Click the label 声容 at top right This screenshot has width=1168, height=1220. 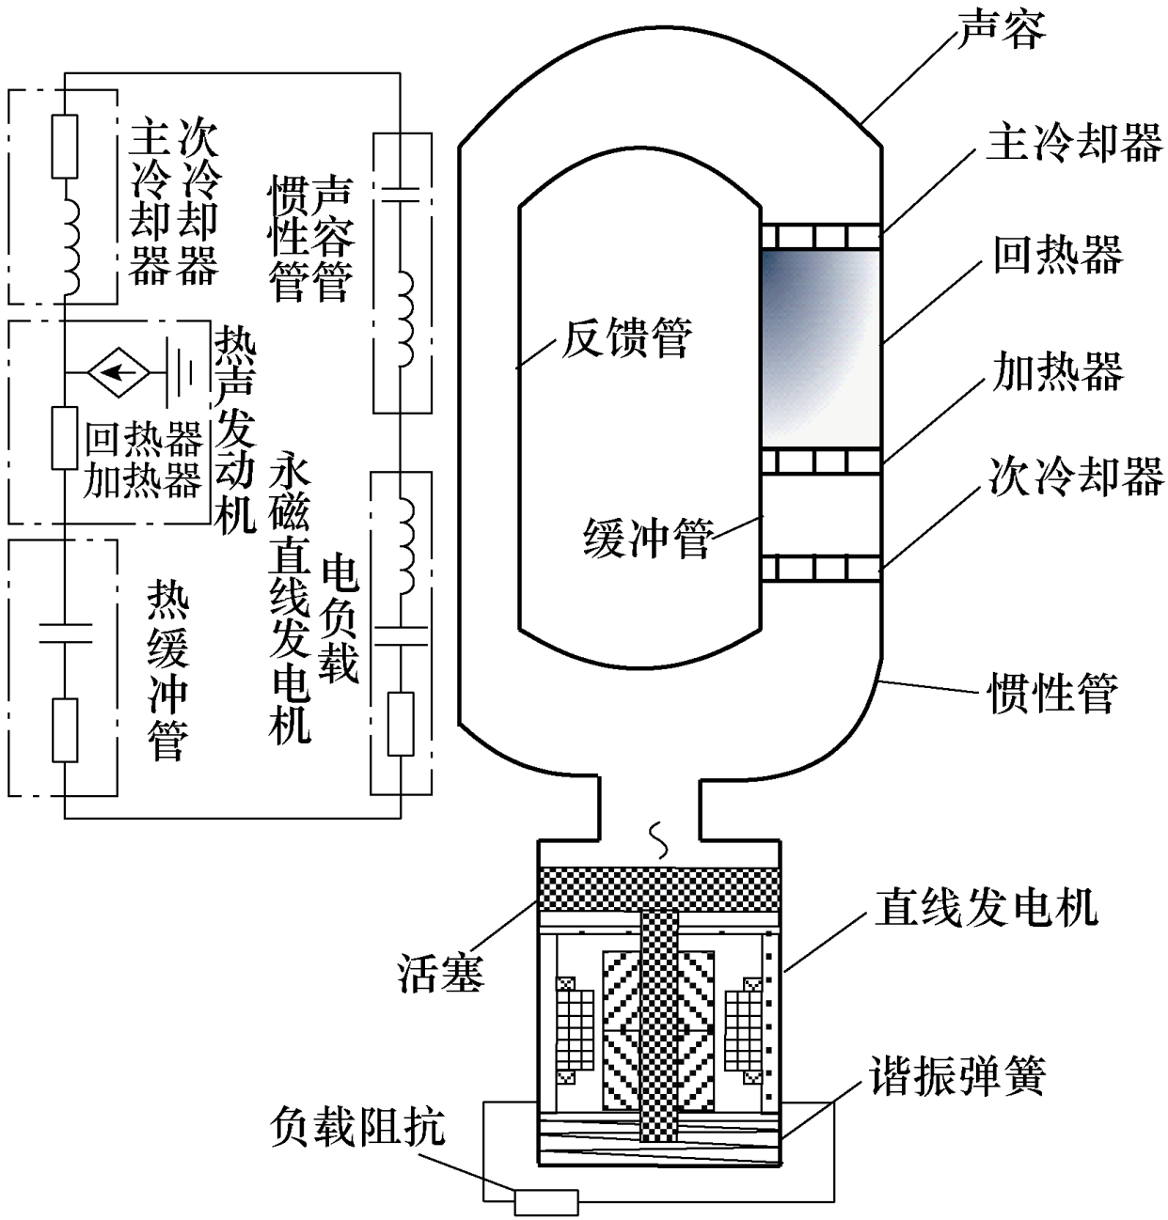(1001, 31)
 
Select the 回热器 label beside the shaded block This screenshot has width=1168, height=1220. (1058, 255)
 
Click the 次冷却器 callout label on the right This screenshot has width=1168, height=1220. (1076, 477)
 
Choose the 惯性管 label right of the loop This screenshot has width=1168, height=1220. (1053, 694)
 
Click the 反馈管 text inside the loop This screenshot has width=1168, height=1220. (626, 337)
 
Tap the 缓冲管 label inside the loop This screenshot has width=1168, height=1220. (648, 540)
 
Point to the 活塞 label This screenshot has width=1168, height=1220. (440, 974)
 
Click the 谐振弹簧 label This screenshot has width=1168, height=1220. (957, 1075)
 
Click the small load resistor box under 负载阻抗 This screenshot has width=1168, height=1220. (545, 1200)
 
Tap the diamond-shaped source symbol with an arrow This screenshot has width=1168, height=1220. (118, 373)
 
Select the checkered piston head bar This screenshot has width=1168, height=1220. (657, 889)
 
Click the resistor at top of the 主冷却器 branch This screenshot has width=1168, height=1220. (65, 146)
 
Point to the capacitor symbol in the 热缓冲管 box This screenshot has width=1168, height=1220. (65, 632)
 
